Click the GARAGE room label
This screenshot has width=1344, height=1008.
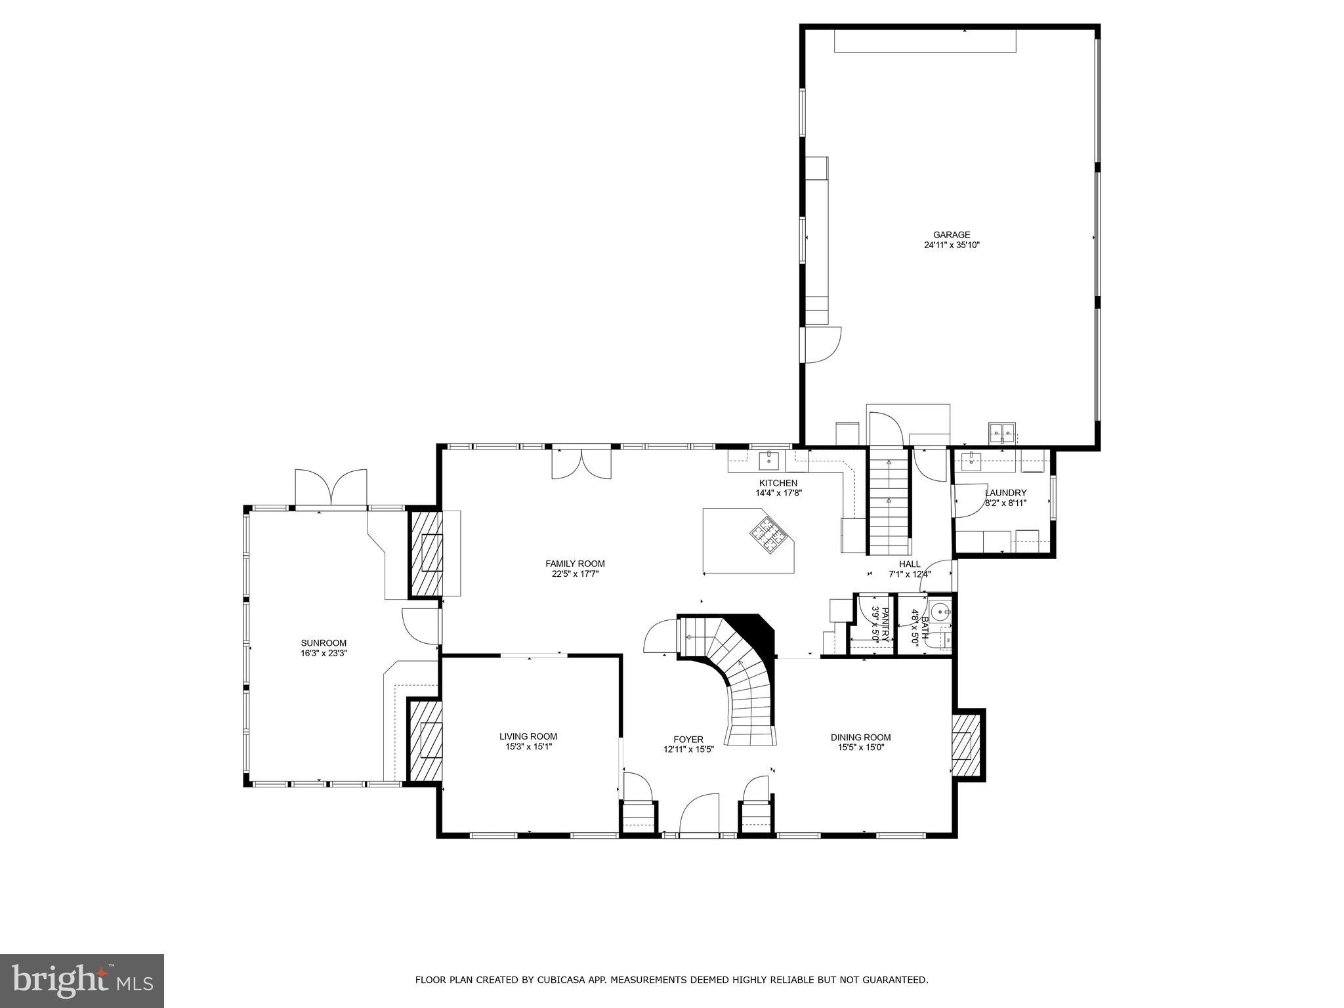(952, 235)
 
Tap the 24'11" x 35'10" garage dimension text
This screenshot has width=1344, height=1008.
(952, 245)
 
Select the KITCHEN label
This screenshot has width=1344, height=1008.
(778, 483)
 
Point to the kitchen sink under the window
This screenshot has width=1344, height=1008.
(768, 461)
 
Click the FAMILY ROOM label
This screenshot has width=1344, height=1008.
(575, 564)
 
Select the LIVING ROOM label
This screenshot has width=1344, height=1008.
(528, 736)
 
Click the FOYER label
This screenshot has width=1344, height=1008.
(688, 739)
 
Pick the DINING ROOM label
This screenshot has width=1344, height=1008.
(860, 738)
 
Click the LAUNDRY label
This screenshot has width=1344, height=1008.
(1005, 493)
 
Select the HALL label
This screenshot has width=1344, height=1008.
(910, 564)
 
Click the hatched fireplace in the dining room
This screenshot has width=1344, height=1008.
(965, 745)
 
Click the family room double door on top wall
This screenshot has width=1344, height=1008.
(581, 463)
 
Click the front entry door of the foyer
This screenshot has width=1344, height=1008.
(699, 816)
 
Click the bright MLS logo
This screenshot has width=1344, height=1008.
(82, 980)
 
